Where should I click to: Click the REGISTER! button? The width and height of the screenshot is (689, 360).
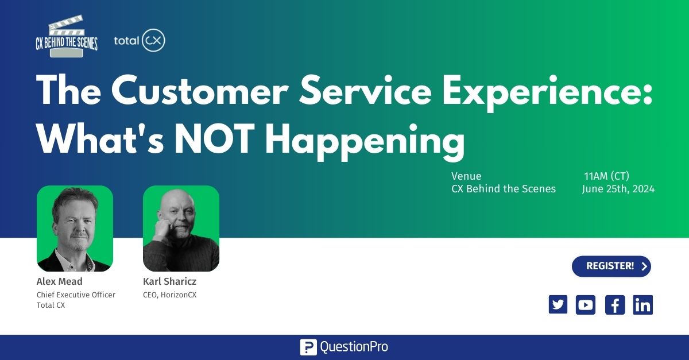[611, 266]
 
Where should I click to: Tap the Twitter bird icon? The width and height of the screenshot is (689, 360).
[558, 305]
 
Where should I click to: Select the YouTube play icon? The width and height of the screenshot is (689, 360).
[585, 305]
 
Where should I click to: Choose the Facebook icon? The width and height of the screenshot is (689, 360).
[615, 305]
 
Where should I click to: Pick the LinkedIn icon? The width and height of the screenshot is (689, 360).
[643, 305]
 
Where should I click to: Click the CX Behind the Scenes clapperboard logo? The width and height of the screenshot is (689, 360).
[67, 36]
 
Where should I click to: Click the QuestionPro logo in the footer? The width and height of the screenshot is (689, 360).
[344, 347]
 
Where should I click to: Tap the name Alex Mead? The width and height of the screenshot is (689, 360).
[59, 281]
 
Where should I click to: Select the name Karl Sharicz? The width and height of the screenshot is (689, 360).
[169, 281]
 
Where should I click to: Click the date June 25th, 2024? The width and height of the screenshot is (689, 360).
[618, 189]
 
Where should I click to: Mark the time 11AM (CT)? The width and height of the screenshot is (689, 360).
[606, 176]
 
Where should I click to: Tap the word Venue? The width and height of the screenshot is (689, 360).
[466, 176]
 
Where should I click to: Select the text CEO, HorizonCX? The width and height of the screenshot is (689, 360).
[169, 295]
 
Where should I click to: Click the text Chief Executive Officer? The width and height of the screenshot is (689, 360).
[76, 295]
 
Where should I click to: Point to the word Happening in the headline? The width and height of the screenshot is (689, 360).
[365, 141]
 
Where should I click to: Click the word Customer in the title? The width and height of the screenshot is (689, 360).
[200, 91]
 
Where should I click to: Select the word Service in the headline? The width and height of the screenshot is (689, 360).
[365, 91]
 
